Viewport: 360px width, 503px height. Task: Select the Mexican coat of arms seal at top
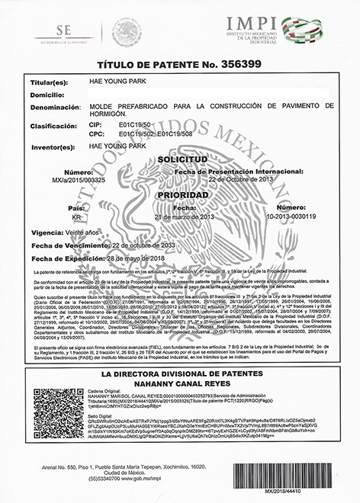coord(127,31)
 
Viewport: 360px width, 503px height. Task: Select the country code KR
coord(76,216)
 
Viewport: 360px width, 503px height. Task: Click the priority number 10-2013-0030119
coord(293,216)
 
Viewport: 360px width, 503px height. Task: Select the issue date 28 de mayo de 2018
coord(141,259)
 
